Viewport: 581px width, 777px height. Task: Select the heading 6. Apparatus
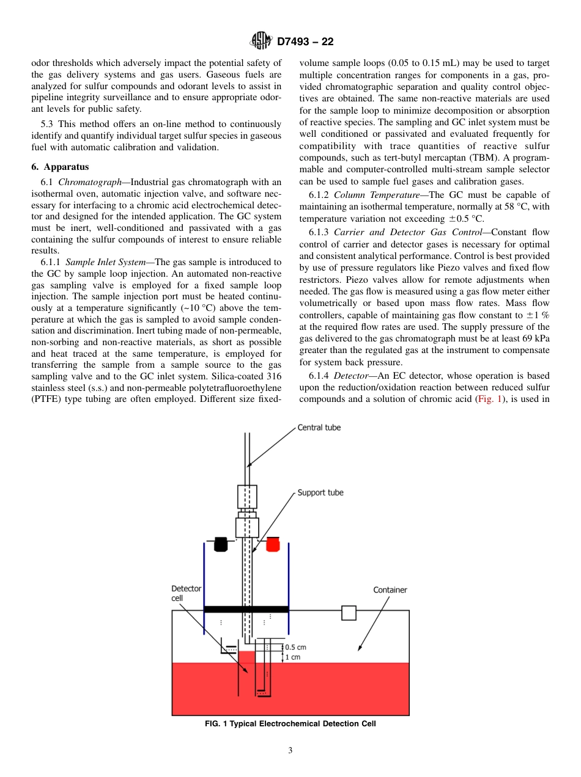pyautogui.click(x=60, y=167)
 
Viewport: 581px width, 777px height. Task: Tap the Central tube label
pyautogui.click(x=319, y=428)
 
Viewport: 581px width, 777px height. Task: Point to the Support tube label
pyautogui.click(x=320, y=492)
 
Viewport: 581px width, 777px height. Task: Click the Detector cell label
pyautogui.click(x=186, y=593)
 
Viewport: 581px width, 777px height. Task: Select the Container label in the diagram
pyautogui.click(x=390, y=589)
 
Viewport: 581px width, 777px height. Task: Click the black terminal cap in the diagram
pyautogui.click(x=221, y=544)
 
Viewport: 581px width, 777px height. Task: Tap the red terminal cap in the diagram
pyautogui.click(x=272, y=544)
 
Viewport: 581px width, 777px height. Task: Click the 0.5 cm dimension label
pyautogui.click(x=296, y=647)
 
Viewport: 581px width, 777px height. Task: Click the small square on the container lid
pyautogui.click(x=349, y=613)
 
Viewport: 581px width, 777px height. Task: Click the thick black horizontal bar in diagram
pyautogui.click(x=246, y=609)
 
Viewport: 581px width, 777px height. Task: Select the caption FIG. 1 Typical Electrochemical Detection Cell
pyautogui.click(x=290, y=724)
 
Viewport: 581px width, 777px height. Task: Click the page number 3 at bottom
pyautogui.click(x=290, y=751)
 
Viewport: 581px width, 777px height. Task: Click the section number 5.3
pyautogui.click(x=39, y=124)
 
